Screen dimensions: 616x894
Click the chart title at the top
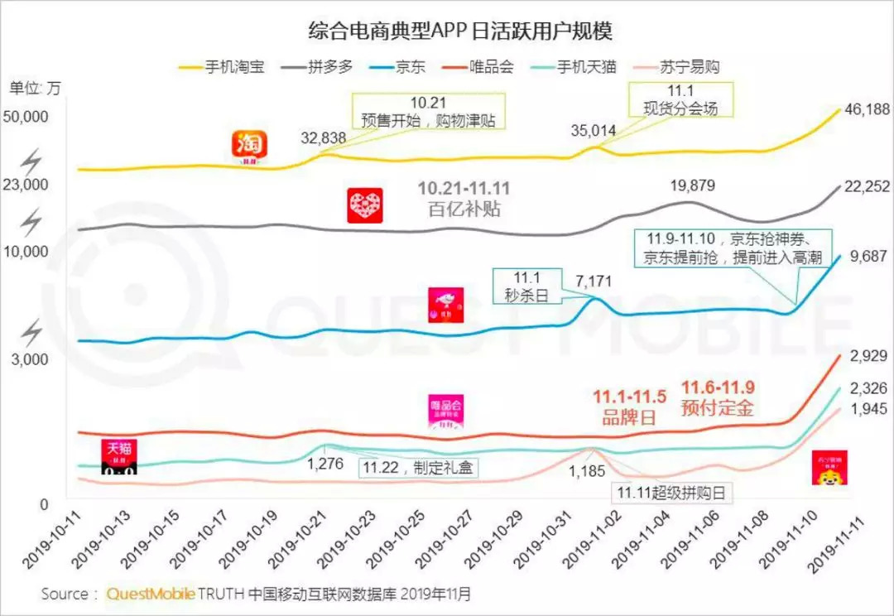(447, 31)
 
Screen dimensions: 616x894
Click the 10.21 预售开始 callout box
(429, 111)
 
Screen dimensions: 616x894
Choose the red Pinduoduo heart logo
(365, 205)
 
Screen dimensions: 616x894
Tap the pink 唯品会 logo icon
(446, 411)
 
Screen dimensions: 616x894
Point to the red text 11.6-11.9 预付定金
(718, 398)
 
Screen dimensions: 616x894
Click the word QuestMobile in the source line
(151, 594)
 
